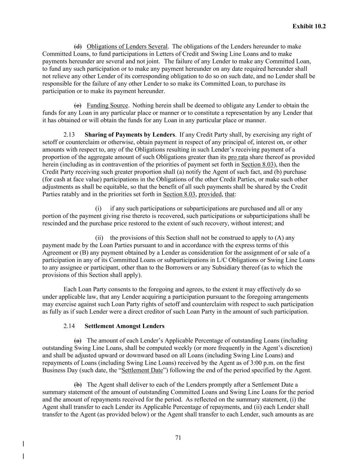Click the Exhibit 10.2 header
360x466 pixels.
(309, 26)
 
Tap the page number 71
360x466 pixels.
(178, 438)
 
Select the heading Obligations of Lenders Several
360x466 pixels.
(127, 46)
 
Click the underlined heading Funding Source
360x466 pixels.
(107, 105)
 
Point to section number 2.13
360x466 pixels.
(69, 135)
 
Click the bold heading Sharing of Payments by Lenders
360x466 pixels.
(130, 135)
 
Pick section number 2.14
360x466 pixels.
(69, 326)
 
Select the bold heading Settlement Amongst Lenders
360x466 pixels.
(124, 326)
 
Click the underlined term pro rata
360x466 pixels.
(238, 157)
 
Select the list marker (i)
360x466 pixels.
(98, 209)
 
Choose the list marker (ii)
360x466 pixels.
(99, 238)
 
